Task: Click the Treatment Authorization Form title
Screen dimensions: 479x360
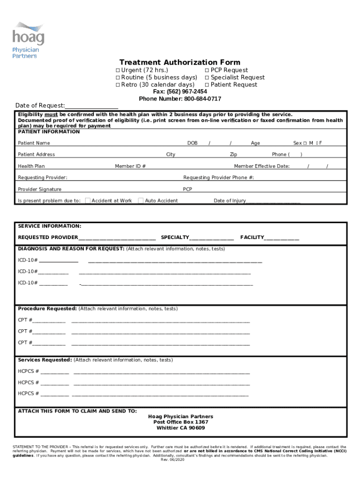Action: pos(180,62)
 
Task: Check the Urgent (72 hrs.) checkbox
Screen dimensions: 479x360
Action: pos(118,70)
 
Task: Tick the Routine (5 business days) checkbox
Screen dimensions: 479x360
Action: pos(118,78)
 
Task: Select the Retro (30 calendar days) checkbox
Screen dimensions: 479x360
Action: pos(118,85)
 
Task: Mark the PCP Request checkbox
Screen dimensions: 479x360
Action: pos(207,70)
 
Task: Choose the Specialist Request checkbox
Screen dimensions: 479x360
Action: pos(207,78)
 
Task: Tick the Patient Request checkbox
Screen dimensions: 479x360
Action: pos(207,85)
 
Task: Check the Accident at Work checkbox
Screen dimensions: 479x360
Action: pos(88,201)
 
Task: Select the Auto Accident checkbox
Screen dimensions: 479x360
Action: pos(141,201)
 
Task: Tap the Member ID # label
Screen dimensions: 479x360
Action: pos(130,166)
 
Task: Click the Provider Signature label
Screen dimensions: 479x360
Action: pos(39,189)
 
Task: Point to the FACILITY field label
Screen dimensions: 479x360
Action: pos(252,238)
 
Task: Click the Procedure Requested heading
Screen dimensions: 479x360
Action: pos(47,309)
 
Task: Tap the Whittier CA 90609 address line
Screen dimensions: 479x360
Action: pos(180,428)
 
